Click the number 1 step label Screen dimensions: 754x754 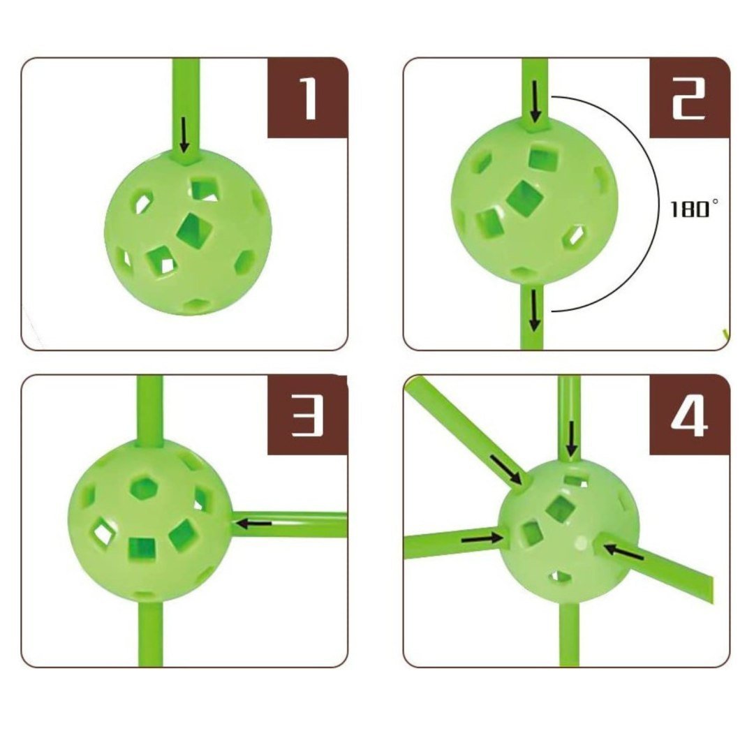(x=309, y=98)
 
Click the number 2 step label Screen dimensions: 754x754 (x=688, y=98)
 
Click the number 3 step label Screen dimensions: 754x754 (x=308, y=416)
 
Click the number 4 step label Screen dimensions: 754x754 (x=690, y=416)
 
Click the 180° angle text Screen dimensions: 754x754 (x=695, y=209)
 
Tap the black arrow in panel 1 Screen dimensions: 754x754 (x=183, y=135)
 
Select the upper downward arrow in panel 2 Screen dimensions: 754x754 (x=535, y=101)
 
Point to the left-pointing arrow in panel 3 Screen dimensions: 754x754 (x=254, y=523)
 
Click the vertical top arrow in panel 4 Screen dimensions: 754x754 (x=571, y=438)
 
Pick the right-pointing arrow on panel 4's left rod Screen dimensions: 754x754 (x=482, y=538)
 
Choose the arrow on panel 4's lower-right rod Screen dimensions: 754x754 (x=623, y=552)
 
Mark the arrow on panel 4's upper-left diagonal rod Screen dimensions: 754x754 (x=506, y=469)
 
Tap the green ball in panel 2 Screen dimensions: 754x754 (x=535, y=200)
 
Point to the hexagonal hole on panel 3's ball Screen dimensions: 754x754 (x=144, y=487)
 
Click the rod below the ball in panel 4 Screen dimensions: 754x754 (x=570, y=635)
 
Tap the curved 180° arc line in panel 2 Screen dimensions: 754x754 (x=658, y=205)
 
